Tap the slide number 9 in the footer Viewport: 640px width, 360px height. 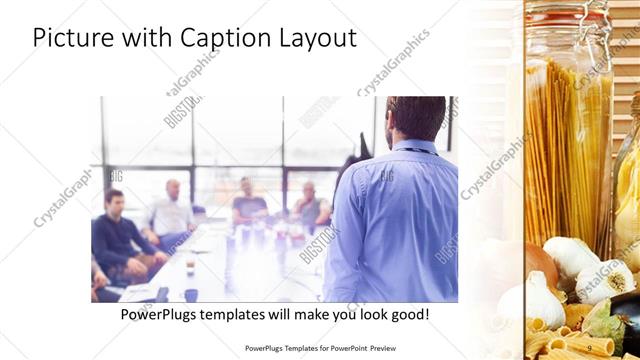(588, 347)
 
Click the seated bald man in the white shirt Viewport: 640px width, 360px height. (173, 210)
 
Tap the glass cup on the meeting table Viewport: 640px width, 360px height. (189, 267)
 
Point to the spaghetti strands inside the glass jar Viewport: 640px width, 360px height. (565, 150)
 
